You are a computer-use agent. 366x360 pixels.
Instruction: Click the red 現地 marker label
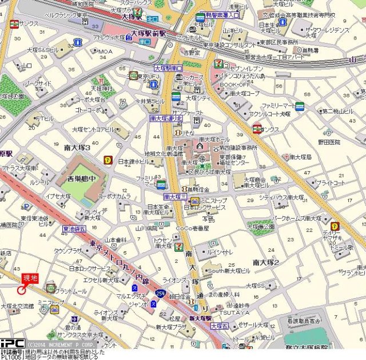tap(30, 278)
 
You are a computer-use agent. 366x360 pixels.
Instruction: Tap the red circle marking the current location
tap(22, 290)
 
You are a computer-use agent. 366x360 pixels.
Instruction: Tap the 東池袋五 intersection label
tap(74, 229)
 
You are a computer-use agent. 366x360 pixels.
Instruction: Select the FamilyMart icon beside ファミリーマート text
tap(299, 106)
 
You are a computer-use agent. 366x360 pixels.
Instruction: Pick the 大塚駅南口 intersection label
tap(166, 68)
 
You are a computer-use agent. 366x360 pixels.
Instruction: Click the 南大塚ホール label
tap(215, 139)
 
